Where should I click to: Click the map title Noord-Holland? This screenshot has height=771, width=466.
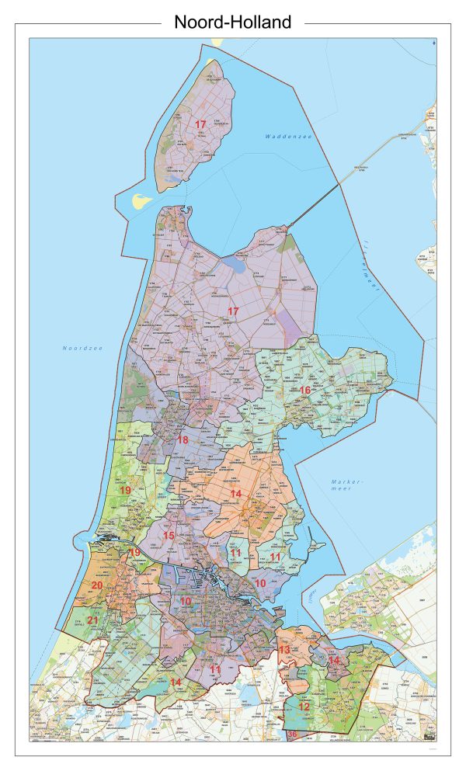(x=232, y=23)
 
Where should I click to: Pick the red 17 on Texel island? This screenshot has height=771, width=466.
(x=200, y=124)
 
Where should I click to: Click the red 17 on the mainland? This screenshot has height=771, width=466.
(x=232, y=311)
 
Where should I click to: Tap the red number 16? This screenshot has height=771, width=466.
(x=305, y=390)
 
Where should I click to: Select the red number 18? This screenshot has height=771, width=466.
(x=183, y=440)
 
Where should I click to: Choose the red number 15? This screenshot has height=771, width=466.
(x=169, y=536)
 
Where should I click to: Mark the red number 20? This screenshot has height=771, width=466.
(x=97, y=585)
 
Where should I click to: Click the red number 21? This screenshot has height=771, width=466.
(x=92, y=620)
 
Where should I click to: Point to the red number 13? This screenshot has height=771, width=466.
(x=284, y=649)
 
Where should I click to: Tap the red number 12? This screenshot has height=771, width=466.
(x=304, y=707)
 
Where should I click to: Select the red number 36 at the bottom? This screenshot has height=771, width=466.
(x=292, y=735)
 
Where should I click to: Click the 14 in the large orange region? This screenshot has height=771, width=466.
(x=235, y=494)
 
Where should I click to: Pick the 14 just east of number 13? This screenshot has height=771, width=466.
(x=333, y=660)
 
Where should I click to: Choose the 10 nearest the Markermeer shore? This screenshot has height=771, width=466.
(x=261, y=582)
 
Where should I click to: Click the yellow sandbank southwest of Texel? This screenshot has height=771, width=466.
(x=140, y=201)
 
